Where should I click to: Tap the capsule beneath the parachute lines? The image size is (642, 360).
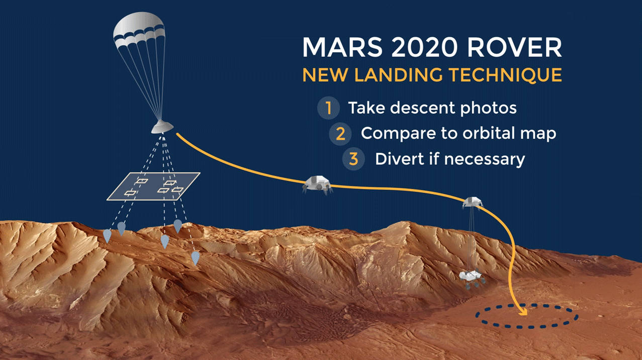(x=162, y=127)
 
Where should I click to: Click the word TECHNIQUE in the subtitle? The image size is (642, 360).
(x=505, y=75)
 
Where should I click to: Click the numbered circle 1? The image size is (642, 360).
(x=328, y=108)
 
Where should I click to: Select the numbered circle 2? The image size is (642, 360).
(x=340, y=134)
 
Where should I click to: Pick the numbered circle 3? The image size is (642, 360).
(x=353, y=159)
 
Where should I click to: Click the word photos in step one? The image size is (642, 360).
(x=488, y=108)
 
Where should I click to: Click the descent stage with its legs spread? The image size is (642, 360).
(x=318, y=185)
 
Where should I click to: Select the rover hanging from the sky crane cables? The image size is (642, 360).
(x=472, y=278)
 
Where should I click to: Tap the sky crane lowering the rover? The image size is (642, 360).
(x=473, y=202)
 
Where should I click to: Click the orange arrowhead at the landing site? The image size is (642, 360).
(x=523, y=312)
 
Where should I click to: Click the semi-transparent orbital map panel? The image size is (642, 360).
(x=153, y=187)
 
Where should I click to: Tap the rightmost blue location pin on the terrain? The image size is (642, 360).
(x=195, y=258)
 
